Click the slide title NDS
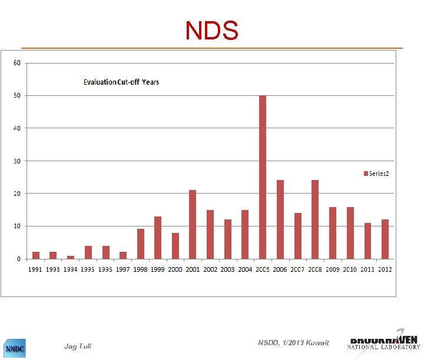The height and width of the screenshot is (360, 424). pos(212,31)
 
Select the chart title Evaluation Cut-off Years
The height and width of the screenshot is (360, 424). pos(121,82)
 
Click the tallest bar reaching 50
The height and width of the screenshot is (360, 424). pos(263,177)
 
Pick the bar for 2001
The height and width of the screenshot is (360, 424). pos(193,224)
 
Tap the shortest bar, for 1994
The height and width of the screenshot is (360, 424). pos(71,257)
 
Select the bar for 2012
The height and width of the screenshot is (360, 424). pos(385,239)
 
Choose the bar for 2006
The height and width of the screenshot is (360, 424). pos(280,219)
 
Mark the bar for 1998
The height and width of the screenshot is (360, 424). pos(140,244)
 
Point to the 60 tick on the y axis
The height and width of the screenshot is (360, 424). pos(18,63)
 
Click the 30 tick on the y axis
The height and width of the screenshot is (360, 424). pos(18,161)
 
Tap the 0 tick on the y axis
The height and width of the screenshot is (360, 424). pos(19,259)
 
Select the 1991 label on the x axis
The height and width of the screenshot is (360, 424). pos(36,269)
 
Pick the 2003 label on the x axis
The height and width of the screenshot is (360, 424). pos(227,269)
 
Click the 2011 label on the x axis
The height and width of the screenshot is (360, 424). pos(367,269)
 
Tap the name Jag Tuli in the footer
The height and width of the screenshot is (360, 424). pos(78,346)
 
